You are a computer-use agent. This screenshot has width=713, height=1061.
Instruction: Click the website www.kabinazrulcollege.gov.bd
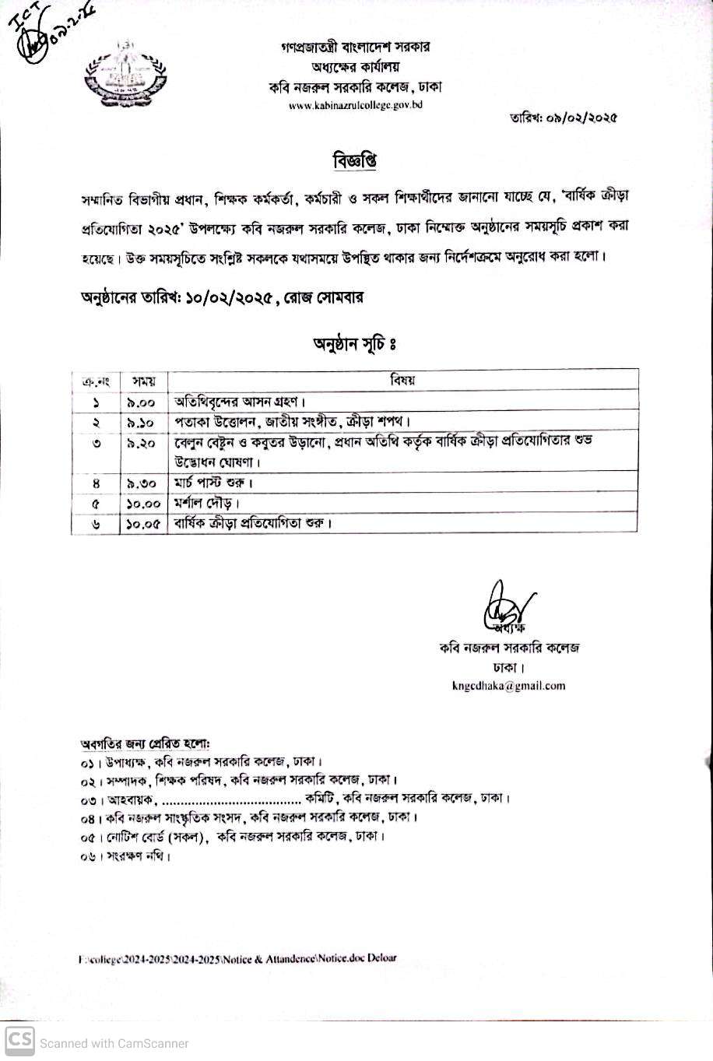(x=355, y=105)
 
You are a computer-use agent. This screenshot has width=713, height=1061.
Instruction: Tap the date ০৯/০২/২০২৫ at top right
(x=563, y=118)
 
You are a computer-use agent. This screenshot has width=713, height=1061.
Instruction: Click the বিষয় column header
(x=403, y=381)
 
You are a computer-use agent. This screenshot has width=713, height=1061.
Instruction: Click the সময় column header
(x=143, y=381)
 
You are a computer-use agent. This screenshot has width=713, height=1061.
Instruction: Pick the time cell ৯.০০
(x=142, y=402)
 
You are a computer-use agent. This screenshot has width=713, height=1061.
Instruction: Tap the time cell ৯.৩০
(x=142, y=483)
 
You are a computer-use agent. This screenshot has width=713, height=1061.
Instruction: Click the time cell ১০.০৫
(x=142, y=524)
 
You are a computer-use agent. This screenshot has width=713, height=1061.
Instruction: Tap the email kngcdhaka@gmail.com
(x=508, y=686)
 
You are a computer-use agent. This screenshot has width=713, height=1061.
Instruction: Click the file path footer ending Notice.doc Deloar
(x=237, y=959)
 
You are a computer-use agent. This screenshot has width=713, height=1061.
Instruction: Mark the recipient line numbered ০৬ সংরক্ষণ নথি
(x=125, y=856)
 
